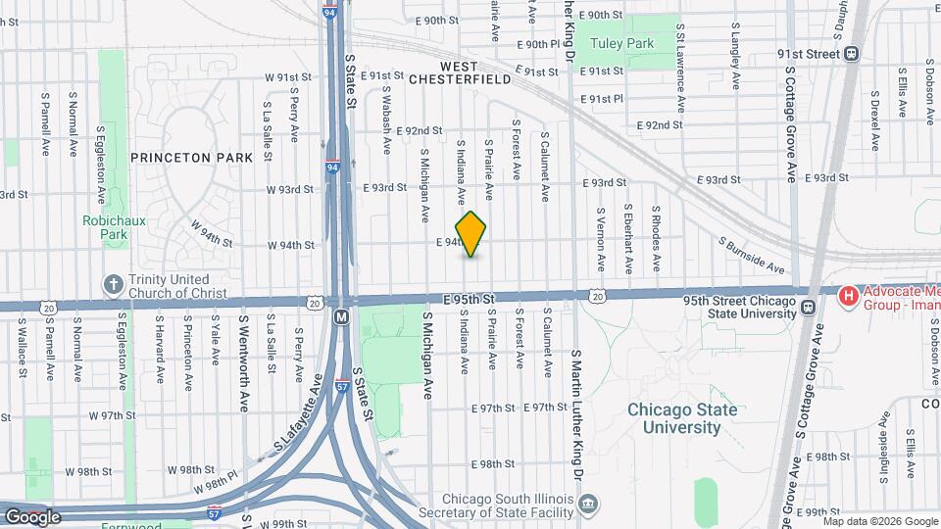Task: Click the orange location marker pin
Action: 471,234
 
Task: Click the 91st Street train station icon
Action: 852,54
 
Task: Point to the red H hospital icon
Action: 849,294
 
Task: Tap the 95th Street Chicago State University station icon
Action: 808,308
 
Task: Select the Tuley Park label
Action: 626,43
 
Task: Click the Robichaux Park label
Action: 114,227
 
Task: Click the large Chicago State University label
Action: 681,418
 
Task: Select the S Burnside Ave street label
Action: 752,254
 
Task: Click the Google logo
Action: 31,516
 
